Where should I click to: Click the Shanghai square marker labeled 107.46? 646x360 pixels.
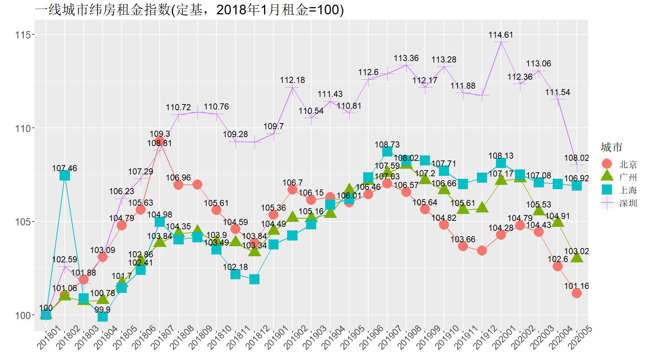(65, 175)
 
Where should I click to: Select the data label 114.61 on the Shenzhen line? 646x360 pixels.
(501, 35)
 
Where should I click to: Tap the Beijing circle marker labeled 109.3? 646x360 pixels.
(160, 141)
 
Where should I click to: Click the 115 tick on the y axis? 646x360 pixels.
(22, 35)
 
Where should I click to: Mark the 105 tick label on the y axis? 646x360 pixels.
(22, 222)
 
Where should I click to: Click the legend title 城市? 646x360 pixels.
(612, 147)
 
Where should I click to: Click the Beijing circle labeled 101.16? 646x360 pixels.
(577, 293)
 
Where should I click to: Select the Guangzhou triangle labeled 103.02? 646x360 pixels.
(577, 257)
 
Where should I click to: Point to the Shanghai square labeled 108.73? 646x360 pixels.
(387, 151)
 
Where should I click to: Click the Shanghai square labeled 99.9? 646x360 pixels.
(103, 317)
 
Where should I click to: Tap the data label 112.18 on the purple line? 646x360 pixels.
(292, 80)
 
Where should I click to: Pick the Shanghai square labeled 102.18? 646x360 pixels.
(235, 274)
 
